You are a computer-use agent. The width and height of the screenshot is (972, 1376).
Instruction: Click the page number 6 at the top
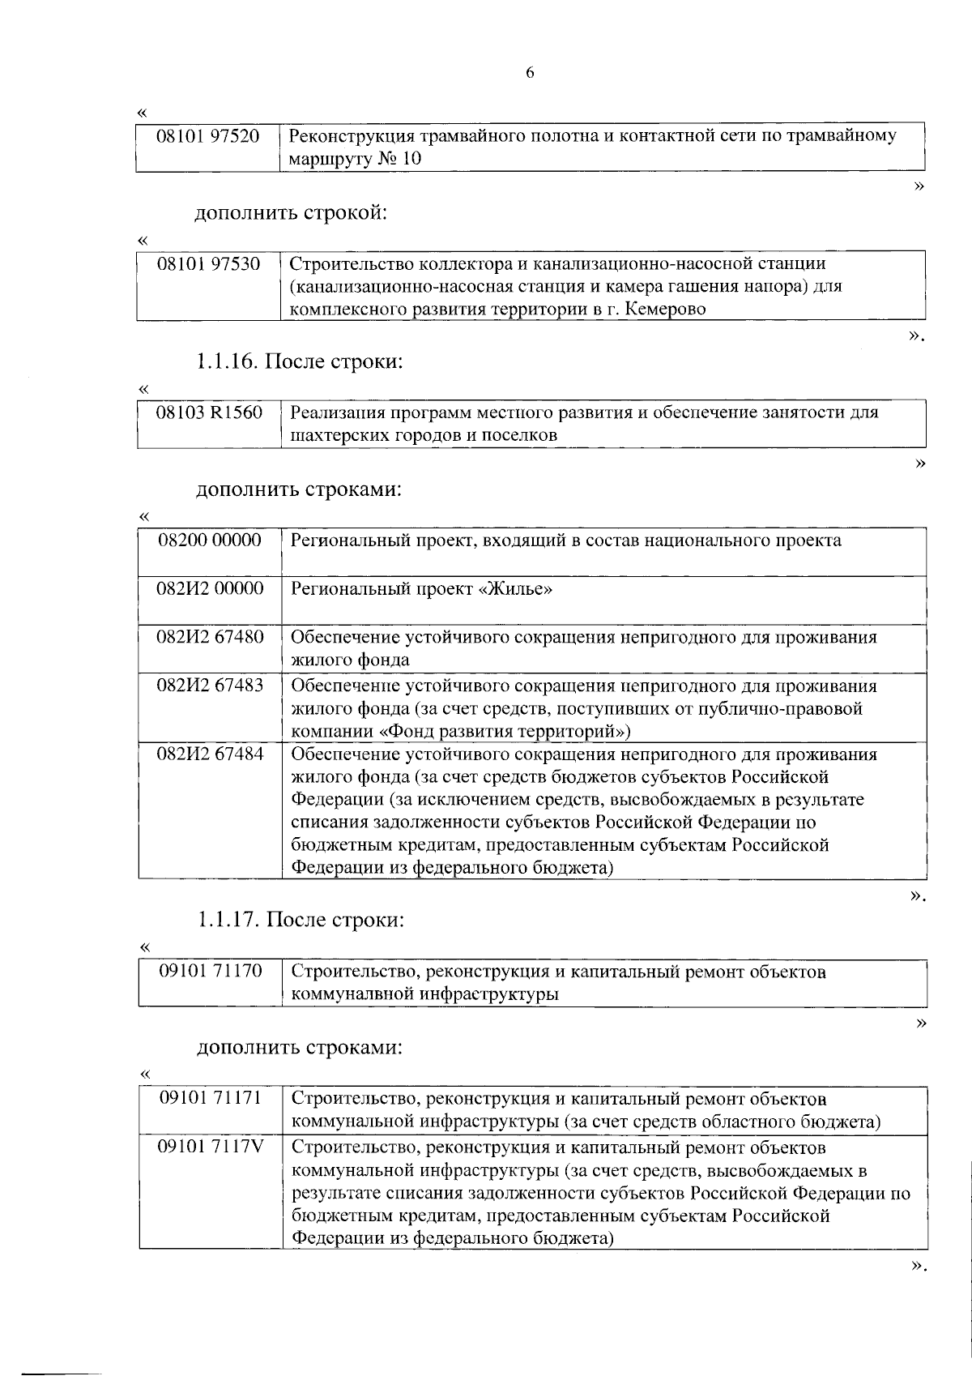click(x=530, y=73)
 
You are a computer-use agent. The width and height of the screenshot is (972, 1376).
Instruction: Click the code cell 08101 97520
click(x=208, y=136)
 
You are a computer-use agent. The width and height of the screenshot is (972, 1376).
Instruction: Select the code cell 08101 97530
click(x=209, y=264)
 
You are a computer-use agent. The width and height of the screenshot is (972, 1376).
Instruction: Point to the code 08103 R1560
click(x=210, y=413)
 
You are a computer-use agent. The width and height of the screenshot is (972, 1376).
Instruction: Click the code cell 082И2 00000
click(x=210, y=589)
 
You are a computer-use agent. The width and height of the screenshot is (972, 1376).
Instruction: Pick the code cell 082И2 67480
click(x=210, y=638)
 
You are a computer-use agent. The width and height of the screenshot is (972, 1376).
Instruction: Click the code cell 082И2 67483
click(x=210, y=686)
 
